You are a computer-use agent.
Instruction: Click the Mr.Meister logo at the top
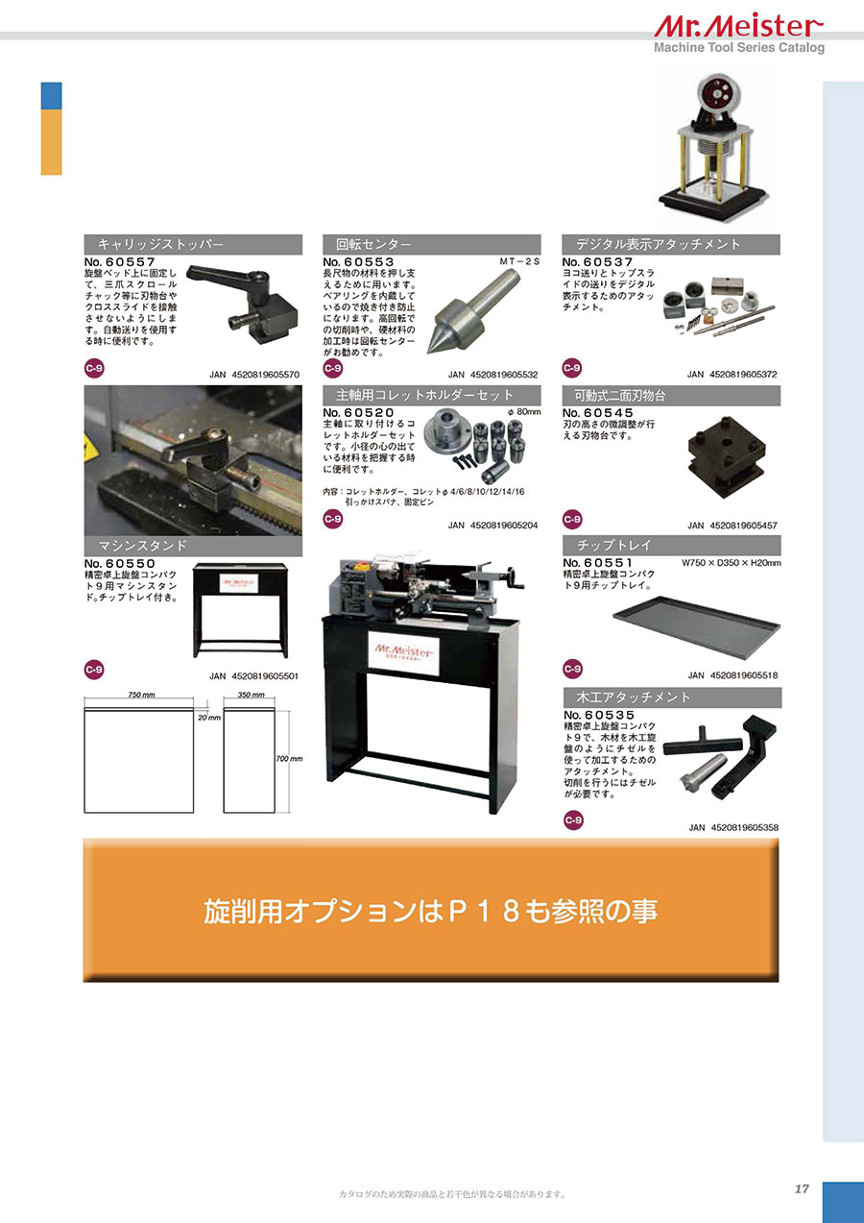pyautogui.click(x=738, y=27)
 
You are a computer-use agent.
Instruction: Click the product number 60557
pyautogui.click(x=131, y=262)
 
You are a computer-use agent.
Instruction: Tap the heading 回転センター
pyautogui.click(x=373, y=245)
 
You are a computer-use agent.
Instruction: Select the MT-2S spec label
pyautogui.click(x=519, y=261)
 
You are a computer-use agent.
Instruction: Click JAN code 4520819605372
pyautogui.click(x=743, y=374)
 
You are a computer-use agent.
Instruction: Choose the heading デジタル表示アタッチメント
pyautogui.click(x=658, y=244)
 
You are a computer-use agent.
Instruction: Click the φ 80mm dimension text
pyautogui.click(x=524, y=412)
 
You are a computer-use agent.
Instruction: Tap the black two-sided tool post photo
pyautogui.click(x=726, y=456)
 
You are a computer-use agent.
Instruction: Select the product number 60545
pyautogui.click(x=609, y=413)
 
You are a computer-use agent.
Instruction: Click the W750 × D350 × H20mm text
pyautogui.click(x=731, y=562)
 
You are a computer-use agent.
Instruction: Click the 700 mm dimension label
pyautogui.click(x=289, y=759)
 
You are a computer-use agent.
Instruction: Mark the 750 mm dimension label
pyautogui.click(x=141, y=695)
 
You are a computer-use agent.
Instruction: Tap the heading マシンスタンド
pyautogui.click(x=142, y=546)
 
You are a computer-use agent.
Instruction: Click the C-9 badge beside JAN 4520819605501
pyautogui.click(x=94, y=670)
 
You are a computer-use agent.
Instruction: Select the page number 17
pyautogui.click(x=802, y=1188)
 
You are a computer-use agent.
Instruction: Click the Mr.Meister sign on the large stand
pyautogui.click(x=403, y=653)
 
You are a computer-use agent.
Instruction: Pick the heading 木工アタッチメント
pyautogui.click(x=634, y=697)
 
